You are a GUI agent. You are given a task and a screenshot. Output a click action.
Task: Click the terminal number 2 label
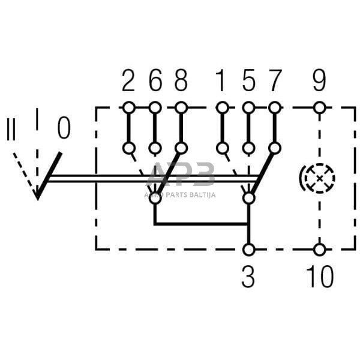pos(128,81)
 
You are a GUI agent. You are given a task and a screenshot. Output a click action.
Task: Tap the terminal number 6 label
pos(155,81)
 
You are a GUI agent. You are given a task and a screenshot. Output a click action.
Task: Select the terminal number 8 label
pos(181,81)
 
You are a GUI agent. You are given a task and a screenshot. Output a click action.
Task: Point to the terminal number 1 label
pos(222,81)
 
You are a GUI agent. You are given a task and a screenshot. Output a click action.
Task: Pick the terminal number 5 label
pos(248,81)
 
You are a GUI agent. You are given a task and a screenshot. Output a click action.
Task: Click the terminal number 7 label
pos(275,81)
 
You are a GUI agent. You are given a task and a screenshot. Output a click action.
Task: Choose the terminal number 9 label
pos(319,81)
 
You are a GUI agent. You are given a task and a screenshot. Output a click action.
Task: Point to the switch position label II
pos(11,130)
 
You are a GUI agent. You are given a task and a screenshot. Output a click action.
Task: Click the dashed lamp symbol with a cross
pos(317,178)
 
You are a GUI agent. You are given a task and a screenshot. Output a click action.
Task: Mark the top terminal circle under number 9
pos(319,108)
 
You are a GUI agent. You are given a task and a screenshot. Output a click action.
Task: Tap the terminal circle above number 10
pos(319,249)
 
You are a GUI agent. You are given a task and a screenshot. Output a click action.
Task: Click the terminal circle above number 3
pos(248,249)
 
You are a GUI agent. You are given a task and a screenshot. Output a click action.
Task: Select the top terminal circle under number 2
pos(128,108)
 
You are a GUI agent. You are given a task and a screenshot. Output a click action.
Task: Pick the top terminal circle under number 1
pos(222,108)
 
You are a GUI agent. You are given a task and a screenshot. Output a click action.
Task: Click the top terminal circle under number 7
pos(275,108)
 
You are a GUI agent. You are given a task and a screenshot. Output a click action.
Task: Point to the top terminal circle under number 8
pos(181,108)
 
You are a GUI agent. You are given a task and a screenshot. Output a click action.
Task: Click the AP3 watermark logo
pos(180,176)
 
